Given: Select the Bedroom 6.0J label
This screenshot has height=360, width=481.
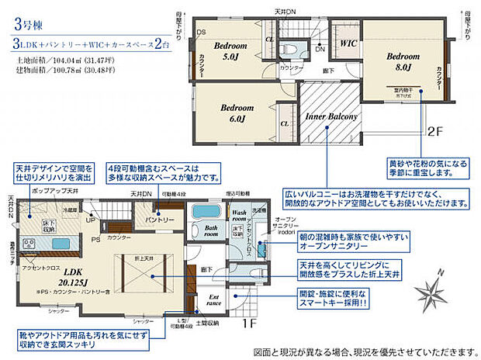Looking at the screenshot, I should (232, 112).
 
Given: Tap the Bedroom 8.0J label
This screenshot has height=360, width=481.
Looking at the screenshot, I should (403, 62).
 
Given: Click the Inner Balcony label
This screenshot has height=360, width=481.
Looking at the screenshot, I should (330, 117).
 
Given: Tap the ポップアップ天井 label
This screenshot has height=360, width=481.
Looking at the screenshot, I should (55, 190).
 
